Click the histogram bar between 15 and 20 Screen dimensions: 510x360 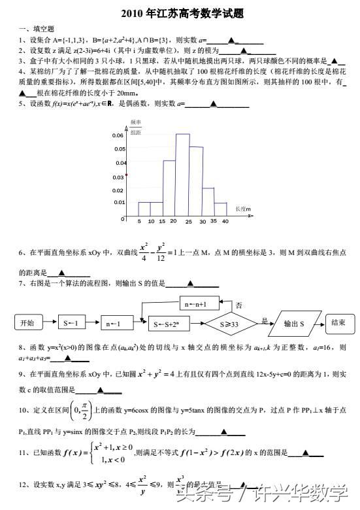click(x=169, y=188)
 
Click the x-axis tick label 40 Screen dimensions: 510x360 click(x=225, y=222)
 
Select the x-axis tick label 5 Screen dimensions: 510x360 click(x=139, y=222)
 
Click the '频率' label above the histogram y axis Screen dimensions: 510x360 click(x=136, y=122)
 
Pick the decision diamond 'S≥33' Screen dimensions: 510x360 click(x=229, y=322)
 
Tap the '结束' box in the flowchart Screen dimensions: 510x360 click(x=339, y=322)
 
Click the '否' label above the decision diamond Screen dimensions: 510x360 click(x=239, y=305)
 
